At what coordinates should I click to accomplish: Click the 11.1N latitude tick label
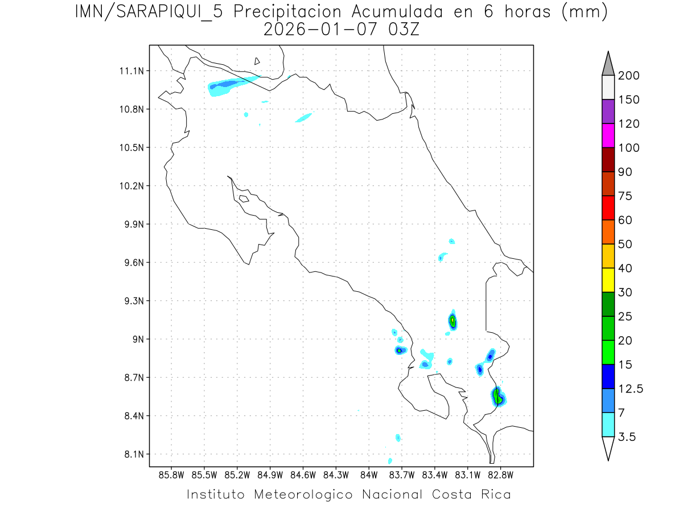(131, 71)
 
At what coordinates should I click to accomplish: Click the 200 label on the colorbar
(628, 76)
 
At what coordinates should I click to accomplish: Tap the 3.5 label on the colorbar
(627, 437)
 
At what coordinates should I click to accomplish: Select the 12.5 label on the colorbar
(629, 389)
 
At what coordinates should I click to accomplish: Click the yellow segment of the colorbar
(608, 280)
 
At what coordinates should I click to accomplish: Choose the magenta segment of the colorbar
(608, 135)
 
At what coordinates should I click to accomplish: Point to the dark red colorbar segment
(608, 159)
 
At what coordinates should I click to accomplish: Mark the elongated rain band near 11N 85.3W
(228, 85)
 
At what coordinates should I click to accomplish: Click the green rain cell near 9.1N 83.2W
(452, 321)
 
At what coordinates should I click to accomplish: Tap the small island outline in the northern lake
(257, 61)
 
